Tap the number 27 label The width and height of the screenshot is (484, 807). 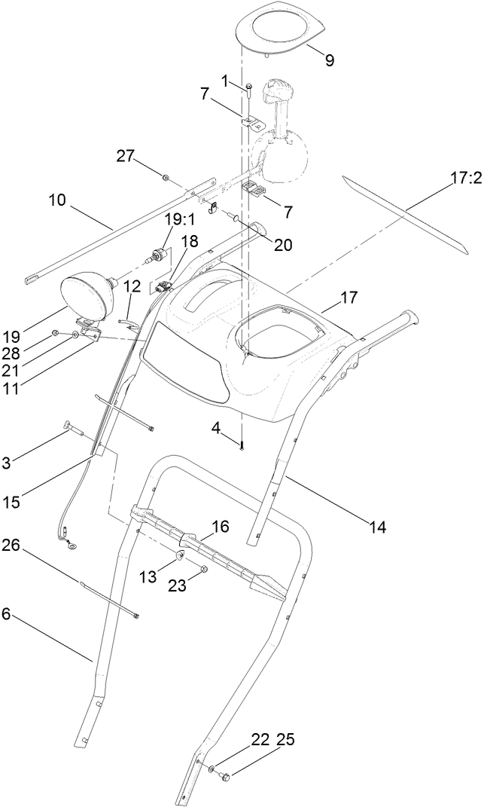pos(126,156)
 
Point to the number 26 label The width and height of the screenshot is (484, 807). pos(11,544)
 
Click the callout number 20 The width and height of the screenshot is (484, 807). pos(283,244)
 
